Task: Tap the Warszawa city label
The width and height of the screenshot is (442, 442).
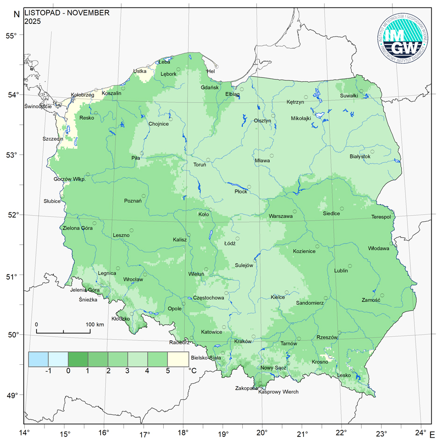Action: point(281,217)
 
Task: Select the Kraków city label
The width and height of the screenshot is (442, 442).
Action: point(243,341)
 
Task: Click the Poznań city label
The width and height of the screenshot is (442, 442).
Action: point(133,201)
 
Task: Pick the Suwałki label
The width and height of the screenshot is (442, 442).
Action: point(349,96)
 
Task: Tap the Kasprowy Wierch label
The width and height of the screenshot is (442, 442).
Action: point(278,392)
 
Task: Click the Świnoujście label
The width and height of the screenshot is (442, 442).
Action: point(38,107)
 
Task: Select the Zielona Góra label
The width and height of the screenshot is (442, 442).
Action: point(78,228)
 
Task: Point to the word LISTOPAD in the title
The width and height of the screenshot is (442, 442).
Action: point(43,13)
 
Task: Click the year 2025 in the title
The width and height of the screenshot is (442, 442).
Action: point(33,21)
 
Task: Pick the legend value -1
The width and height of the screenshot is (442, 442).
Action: point(48,370)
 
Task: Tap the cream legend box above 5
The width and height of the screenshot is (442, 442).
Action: point(178,359)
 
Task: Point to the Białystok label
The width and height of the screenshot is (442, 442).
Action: point(360,157)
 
